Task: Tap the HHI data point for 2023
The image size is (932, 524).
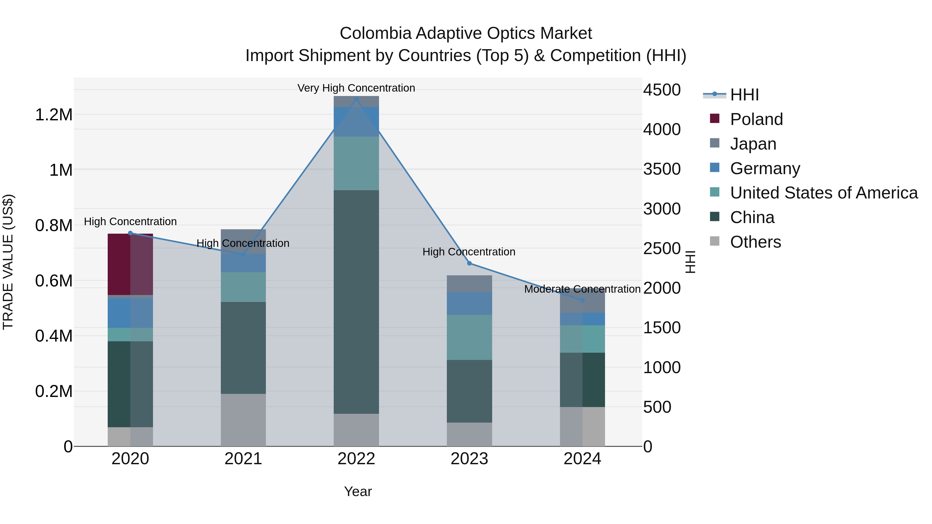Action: (469, 263)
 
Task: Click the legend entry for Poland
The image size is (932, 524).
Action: (756, 119)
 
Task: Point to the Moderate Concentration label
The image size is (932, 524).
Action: (582, 289)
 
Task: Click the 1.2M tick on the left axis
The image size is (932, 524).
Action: (54, 115)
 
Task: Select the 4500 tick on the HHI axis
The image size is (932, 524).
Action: (662, 90)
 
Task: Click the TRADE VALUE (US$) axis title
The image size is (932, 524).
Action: (8, 262)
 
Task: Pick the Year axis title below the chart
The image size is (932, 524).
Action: (358, 491)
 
